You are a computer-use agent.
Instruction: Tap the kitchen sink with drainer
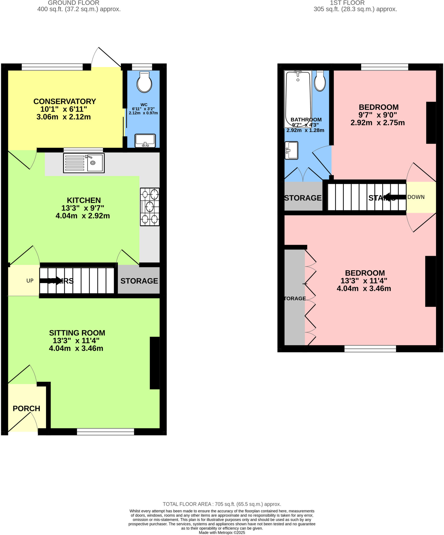click(x=84, y=163)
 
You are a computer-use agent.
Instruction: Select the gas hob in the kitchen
click(x=150, y=207)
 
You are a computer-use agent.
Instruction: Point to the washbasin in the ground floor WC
click(x=145, y=141)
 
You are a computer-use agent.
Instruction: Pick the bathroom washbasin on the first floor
click(x=291, y=150)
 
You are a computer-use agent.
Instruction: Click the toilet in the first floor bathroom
click(x=320, y=81)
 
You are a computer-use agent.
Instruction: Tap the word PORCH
click(x=26, y=409)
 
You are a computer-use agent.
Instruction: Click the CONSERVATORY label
click(x=65, y=101)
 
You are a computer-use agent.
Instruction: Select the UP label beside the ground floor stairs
click(x=30, y=281)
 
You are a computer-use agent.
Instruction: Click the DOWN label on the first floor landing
click(x=416, y=197)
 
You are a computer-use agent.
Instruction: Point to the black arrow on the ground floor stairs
click(x=51, y=281)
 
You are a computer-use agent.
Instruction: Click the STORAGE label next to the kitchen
click(x=139, y=281)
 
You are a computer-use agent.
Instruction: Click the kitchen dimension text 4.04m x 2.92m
click(x=83, y=216)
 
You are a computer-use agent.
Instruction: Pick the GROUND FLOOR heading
click(x=74, y=3)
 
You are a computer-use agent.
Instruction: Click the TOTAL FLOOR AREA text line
click(x=222, y=504)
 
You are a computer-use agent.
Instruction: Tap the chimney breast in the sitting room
click(x=155, y=363)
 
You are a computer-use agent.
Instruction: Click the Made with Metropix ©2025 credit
click(x=222, y=532)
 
